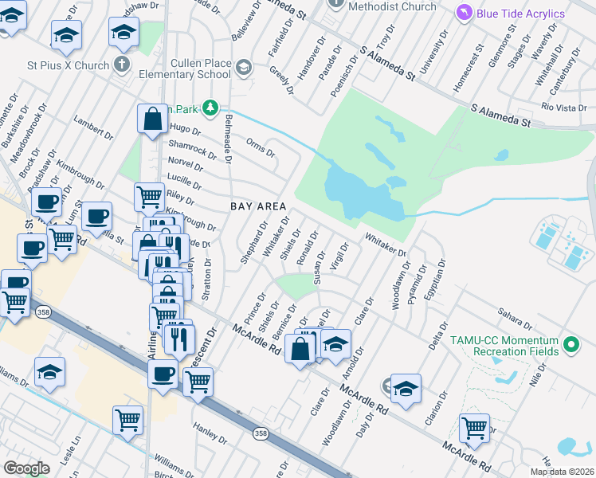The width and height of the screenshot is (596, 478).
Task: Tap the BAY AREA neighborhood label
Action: pyautogui.click(x=258, y=206)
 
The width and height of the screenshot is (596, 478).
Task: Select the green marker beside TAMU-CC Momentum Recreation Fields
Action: pyautogui.click(x=570, y=345)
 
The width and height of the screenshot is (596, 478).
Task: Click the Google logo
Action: pyautogui.click(x=26, y=468)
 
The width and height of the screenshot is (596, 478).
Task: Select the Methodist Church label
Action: pyautogui.click(x=396, y=6)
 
